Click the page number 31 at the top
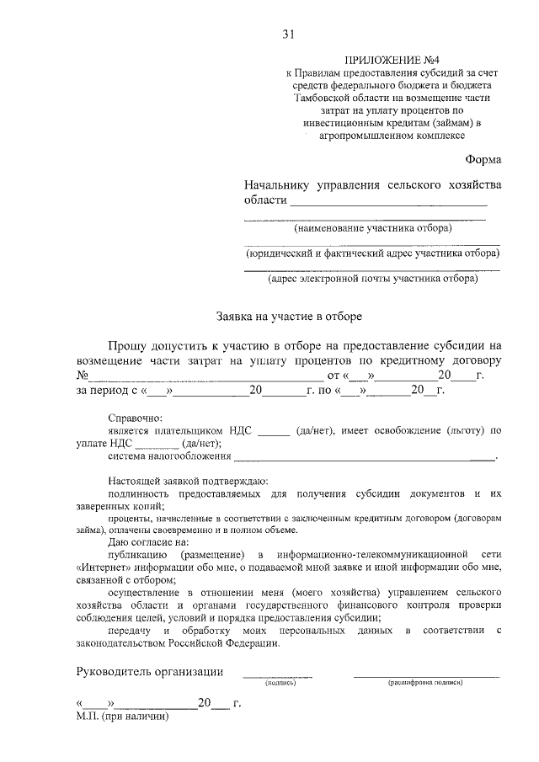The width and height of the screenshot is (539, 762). click(x=288, y=35)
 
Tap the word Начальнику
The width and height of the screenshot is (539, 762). click(x=275, y=184)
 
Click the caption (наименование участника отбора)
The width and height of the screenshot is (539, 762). click(x=372, y=228)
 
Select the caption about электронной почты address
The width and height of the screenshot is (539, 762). click(x=372, y=278)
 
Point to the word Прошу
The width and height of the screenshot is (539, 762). click(x=129, y=345)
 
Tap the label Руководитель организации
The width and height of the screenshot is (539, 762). click(x=150, y=671)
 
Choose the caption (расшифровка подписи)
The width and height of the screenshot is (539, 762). click(x=425, y=684)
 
